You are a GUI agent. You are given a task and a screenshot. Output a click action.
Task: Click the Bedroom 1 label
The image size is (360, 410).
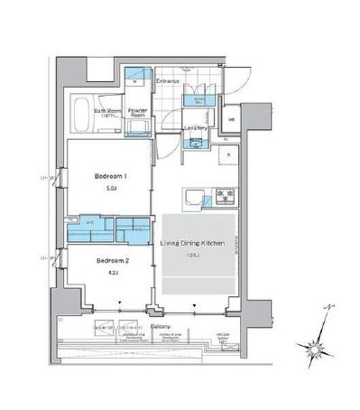107,177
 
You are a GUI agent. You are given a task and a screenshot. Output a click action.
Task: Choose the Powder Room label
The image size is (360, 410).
137,113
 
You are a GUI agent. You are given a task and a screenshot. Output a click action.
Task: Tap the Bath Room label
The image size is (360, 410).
108,112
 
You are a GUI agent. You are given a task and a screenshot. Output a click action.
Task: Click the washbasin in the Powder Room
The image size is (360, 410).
138,132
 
